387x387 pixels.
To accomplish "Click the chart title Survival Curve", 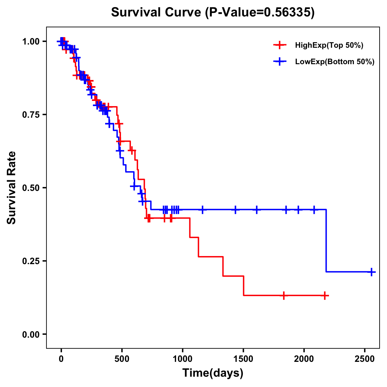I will coord(213,13).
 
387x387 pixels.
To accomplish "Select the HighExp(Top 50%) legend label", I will coord(329,45).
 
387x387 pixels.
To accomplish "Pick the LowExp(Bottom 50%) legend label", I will coord(335,62).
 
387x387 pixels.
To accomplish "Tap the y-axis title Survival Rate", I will coord(12,187).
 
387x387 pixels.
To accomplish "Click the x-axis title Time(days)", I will coord(213,373).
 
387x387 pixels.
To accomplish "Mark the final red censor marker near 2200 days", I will coord(325,295).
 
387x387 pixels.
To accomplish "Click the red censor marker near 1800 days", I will coord(283,295).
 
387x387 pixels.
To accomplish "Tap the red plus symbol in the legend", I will coord(280,45).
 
